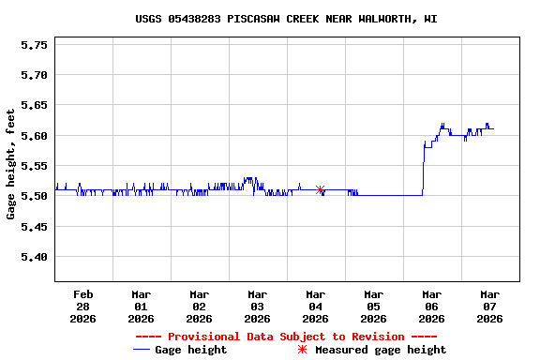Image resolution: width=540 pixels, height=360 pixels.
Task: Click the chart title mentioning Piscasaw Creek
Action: point(286,19)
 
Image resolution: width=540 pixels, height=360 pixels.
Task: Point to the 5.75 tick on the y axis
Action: point(35,44)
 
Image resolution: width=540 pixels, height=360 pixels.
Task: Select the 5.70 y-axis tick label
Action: point(35,75)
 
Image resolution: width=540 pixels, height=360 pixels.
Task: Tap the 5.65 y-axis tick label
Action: point(35,105)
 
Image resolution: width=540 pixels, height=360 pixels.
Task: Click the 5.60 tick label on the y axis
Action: point(35,135)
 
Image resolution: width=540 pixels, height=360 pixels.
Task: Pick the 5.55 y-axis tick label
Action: point(35,166)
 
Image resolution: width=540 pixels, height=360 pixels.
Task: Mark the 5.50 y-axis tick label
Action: point(35,196)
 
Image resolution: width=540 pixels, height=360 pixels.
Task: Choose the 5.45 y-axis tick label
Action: point(35,226)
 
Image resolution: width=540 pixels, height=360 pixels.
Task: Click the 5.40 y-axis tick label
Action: point(35,257)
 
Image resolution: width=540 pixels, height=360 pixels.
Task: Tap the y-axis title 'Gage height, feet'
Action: point(11,163)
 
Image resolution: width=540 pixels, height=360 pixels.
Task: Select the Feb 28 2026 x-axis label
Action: point(82,306)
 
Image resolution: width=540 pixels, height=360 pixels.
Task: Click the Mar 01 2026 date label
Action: point(141,306)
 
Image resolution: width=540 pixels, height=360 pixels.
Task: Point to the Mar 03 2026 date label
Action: point(257,306)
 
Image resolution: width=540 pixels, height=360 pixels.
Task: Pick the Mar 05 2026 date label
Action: point(373,306)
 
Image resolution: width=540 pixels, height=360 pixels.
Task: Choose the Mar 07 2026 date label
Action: point(489,306)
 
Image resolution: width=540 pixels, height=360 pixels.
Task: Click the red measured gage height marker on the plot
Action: point(321,190)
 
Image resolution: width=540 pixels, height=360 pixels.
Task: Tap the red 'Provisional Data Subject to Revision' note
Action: point(286,337)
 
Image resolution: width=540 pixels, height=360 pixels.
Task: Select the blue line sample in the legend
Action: point(142,350)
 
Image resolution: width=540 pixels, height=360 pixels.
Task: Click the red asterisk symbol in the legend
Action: point(302,350)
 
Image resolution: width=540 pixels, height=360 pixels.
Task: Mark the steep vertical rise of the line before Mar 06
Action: point(424,169)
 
